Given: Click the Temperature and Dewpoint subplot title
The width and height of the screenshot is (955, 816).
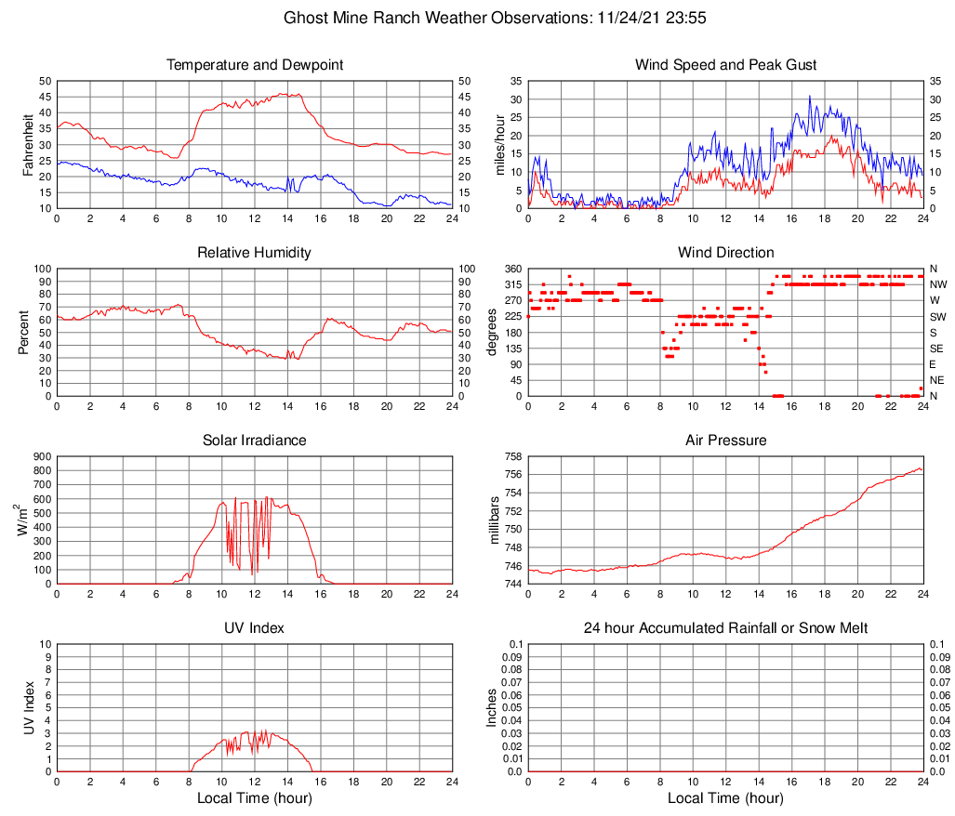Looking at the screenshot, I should (254, 65).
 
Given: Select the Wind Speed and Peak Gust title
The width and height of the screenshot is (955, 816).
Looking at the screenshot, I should (725, 65).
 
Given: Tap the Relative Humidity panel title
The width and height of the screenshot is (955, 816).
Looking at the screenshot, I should (254, 253).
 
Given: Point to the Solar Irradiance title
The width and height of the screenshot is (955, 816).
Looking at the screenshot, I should (254, 441).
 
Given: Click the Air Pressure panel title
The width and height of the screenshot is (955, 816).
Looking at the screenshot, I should (725, 441).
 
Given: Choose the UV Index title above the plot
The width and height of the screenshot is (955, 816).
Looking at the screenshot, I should (254, 628).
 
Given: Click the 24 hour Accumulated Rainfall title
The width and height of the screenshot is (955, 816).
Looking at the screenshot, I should (725, 628).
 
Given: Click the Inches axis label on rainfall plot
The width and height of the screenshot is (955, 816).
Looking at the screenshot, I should (494, 707).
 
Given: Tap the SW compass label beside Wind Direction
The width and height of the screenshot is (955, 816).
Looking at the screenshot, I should (937, 316).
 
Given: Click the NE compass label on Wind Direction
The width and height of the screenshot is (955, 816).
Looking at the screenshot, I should (937, 380).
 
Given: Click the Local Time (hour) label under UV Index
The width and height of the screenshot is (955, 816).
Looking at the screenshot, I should (254, 798).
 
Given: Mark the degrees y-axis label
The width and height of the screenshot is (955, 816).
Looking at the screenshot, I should (494, 332).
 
